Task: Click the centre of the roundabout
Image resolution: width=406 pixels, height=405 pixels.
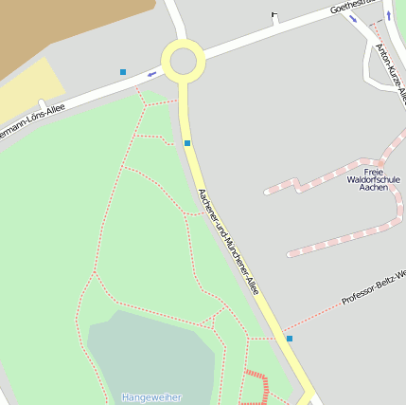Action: [x=183, y=62]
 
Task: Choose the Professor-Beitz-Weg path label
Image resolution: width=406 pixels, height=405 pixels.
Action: [x=373, y=287]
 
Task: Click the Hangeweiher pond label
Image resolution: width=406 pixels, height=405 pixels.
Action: [x=151, y=397]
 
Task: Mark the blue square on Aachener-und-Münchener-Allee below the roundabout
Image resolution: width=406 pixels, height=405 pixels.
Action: [x=187, y=143]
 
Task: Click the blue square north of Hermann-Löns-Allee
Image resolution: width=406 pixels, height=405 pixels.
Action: [x=123, y=72]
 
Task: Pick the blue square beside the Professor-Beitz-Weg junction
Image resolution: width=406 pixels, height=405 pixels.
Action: [x=290, y=339]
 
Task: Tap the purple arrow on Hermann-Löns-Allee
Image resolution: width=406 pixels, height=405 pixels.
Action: [x=151, y=74]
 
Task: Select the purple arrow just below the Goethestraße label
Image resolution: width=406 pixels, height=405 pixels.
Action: [x=353, y=19]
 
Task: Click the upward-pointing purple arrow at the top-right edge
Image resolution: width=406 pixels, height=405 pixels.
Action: [x=388, y=14]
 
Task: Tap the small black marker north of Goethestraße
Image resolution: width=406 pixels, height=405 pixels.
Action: [x=274, y=14]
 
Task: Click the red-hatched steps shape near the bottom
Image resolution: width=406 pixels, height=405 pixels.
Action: [x=256, y=387]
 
